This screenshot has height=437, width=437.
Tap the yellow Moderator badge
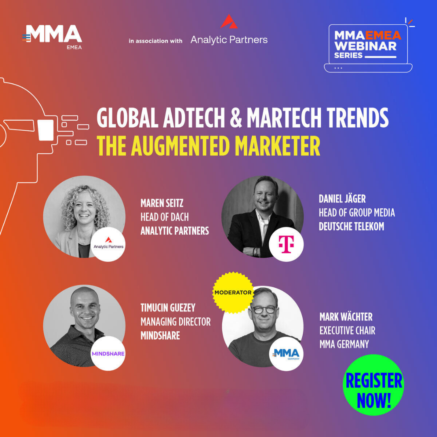(233, 292)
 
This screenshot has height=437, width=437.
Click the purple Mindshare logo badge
(108, 353)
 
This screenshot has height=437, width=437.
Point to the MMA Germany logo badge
(286, 354)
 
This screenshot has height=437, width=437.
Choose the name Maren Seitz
(162, 203)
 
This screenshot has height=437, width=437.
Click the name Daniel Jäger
(342, 199)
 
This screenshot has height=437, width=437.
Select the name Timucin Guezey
(168, 308)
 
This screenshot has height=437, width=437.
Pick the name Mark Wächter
(346, 317)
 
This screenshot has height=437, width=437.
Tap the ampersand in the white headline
(235, 119)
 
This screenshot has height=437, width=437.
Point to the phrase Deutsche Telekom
(351, 227)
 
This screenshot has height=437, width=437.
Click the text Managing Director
(175, 322)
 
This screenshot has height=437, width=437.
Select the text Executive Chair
(347, 331)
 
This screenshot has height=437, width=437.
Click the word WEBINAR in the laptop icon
(365, 45)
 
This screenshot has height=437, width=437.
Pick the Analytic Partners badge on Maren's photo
(108, 244)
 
